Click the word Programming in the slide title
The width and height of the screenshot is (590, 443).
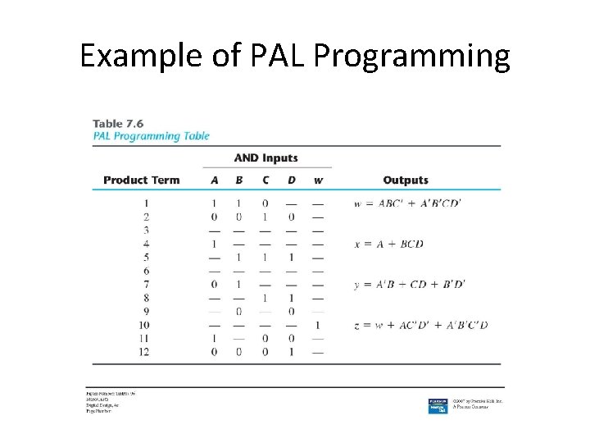pos(411,57)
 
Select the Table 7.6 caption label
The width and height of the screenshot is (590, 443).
pos(118,123)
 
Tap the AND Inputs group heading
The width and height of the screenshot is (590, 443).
pos(265,158)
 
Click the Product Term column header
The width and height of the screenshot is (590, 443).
pos(141,180)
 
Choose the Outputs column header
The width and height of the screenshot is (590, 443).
pos(406,180)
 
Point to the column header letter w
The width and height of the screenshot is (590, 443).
pos(318,180)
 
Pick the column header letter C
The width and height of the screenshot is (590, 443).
pos(265,180)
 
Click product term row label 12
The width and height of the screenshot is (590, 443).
pos(144,352)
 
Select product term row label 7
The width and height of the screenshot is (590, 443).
pos(147,285)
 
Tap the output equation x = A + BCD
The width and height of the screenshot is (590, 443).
pos(388,244)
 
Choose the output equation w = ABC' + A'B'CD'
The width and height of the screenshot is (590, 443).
pos(407,203)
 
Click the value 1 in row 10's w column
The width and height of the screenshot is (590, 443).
pos(318,326)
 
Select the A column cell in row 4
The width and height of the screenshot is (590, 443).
pos(214,244)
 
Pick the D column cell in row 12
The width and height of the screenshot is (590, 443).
pos(292,352)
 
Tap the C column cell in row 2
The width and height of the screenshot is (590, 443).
pos(265,217)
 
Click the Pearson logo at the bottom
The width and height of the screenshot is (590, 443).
pos(438,405)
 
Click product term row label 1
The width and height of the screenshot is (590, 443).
pos(147,203)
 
